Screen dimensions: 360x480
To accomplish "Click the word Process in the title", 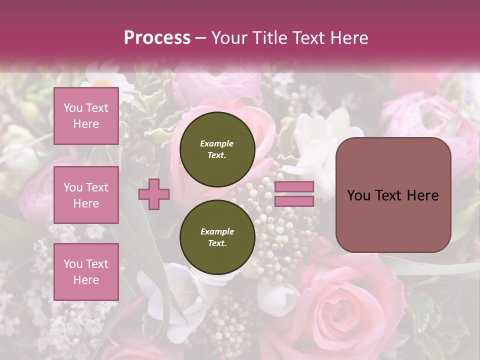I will [157, 37].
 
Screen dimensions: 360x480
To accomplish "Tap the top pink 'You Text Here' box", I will [86, 116].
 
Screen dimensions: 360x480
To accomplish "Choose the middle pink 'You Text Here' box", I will [86, 195].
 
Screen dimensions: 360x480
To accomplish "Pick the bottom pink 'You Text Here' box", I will [86, 272].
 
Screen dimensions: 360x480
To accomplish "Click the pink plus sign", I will [154, 194].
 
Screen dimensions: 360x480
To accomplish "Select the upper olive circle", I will [217, 149].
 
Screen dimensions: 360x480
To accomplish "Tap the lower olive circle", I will [217, 237].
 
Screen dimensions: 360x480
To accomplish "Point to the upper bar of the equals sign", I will [294, 187].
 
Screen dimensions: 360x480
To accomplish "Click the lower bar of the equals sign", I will [294, 201].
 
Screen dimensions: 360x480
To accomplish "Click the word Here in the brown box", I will [422, 195].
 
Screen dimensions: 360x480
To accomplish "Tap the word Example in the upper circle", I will [217, 143].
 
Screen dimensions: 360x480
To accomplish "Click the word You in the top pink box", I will [73, 108].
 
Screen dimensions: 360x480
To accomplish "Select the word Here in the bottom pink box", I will [86, 280].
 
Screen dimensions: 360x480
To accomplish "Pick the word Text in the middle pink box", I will [96, 187].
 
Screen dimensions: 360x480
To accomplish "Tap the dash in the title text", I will [200, 38].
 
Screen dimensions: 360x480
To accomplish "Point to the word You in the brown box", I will [358, 195].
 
